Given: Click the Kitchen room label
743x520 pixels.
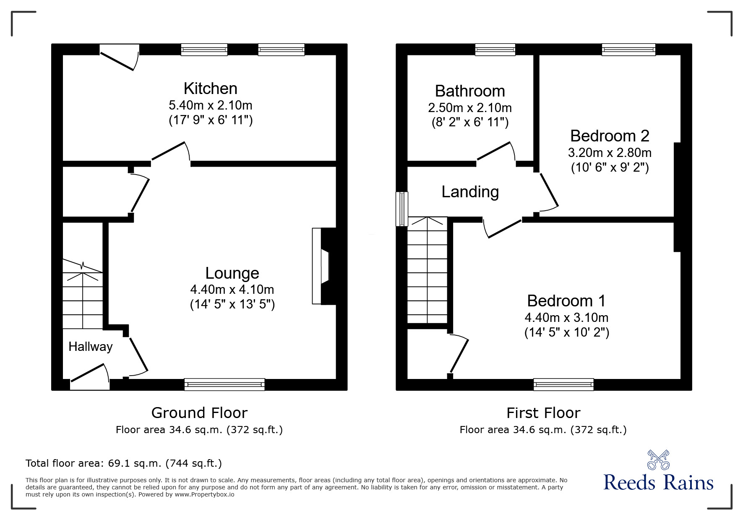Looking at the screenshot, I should [x=210, y=89].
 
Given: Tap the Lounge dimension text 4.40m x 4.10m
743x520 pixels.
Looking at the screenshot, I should [x=232, y=289].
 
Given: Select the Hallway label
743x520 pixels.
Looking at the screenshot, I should [x=91, y=347].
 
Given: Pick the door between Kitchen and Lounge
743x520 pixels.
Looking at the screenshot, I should [x=170, y=152].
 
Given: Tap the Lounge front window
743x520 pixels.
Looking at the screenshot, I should [x=224, y=384].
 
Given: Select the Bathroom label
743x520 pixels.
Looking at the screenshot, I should [x=469, y=91].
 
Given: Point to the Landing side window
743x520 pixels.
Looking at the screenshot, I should [x=402, y=209].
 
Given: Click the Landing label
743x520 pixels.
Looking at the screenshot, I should [x=470, y=192].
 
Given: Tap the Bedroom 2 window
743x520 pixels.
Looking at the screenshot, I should [x=628, y=50].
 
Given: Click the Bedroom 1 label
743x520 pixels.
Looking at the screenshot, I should [x=566, y=301].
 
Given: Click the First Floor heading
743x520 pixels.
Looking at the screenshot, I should [x=543, y=413].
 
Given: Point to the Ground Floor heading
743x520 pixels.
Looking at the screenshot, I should [x=199, y=413].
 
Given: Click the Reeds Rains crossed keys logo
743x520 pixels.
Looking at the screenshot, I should [x=658, y=460].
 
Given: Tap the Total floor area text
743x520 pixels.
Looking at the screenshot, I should [x=124, y=463].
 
